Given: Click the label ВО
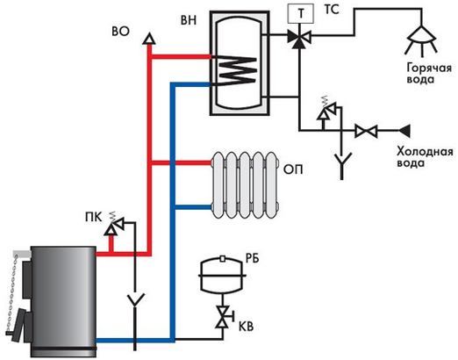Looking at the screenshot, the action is click(120, 32).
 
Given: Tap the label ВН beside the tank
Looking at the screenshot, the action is click(189, 20).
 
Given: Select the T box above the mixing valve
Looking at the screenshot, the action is click(301, 13).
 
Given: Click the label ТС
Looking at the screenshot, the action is click(332, 10).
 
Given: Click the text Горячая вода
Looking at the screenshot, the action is click(429, 74).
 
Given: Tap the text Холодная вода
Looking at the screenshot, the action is click(425, 157).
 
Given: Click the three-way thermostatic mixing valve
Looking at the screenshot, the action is click(299, 37).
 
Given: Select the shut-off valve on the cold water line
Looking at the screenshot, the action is click(366, 131).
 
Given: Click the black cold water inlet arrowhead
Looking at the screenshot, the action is click(404, 131).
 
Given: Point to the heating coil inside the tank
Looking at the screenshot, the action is click(236, 71).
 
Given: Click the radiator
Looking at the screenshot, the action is click(245, 185).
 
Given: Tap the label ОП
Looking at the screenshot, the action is click(293, 169).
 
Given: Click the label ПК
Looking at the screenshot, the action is click(94, 218).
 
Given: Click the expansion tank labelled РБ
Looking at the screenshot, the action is click(223, 275).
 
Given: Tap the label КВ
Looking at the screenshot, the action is click(246, 327).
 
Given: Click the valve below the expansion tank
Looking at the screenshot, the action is click(223, 316).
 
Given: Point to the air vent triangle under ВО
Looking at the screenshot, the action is click(149, 39).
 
